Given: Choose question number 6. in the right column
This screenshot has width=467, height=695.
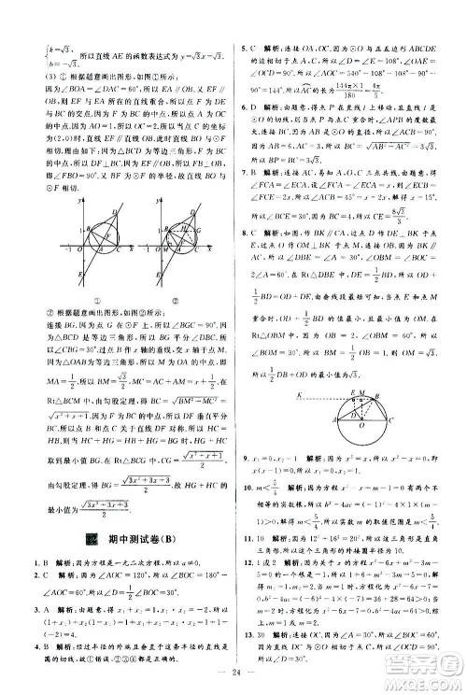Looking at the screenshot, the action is [x=244, y=108].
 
